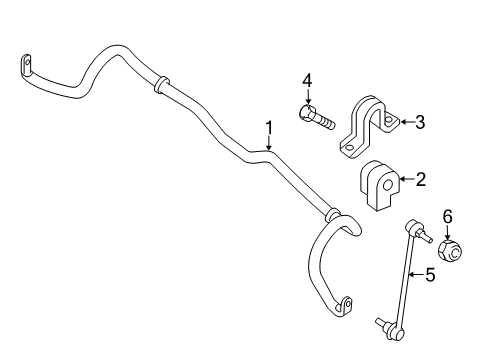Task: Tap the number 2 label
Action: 421,180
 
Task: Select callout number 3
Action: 421,123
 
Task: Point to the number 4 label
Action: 308,79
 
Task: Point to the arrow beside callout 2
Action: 404,180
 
